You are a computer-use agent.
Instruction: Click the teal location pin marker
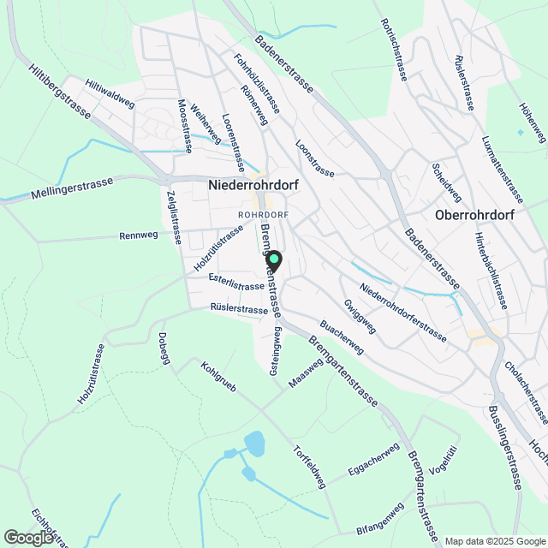coord(274,261)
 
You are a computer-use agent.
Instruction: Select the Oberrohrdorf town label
coord(474,215)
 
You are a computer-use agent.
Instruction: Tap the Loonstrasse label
coord(314,158)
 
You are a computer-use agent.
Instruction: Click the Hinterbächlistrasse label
coord(492,270)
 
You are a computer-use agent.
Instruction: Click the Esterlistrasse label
coord(235,285)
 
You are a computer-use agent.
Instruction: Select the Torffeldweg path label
coord(309,466)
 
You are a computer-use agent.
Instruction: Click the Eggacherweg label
coord(374,460)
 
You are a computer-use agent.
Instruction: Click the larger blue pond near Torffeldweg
coord(255,444)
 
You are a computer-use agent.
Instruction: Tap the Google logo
coord(28,537)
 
